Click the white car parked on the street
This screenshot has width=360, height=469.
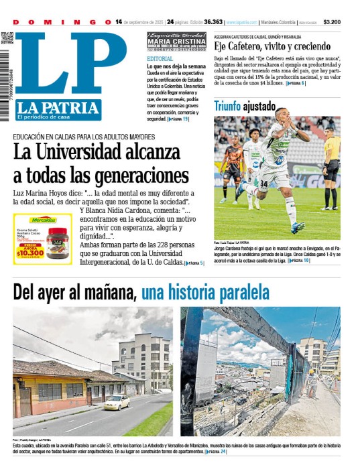(x=117, y=402)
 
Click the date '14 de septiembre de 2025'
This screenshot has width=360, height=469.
(x=139, y=22)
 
